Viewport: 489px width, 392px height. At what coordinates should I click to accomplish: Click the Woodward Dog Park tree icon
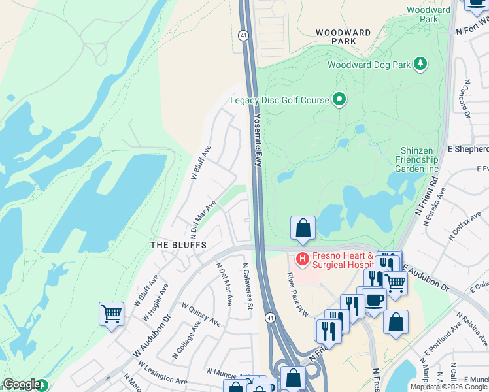(422, 63)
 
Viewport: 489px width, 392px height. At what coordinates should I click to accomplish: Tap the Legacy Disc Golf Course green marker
(339, 100)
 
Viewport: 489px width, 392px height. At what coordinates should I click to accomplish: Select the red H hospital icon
(302, 259)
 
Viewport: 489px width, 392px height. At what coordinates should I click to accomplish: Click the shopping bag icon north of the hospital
(303, 229)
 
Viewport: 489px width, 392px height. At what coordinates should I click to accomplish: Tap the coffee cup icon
(375, 300)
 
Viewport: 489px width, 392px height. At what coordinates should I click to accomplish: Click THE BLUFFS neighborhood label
(178, 245)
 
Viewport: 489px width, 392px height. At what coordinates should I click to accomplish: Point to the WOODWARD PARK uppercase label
(345, 36)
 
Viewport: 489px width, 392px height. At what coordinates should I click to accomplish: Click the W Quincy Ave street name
(201, 314)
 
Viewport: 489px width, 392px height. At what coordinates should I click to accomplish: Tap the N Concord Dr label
(467, 98)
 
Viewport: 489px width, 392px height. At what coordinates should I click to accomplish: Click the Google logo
(22, 384)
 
